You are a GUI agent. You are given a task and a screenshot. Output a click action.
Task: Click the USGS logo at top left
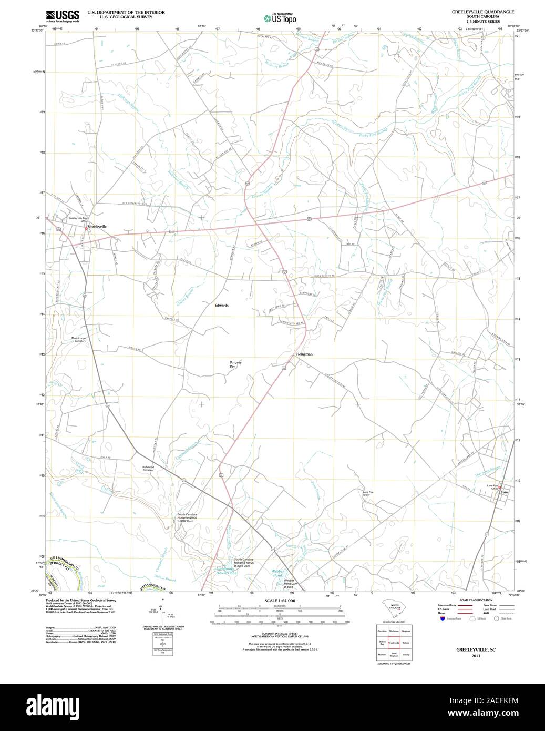coord(62,16)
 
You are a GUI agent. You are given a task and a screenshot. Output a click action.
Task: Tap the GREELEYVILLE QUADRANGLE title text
coord(476,11)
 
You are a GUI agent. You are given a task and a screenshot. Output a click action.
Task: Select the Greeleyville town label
coord(97,226)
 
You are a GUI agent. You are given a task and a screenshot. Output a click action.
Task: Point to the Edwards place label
coord(221,305)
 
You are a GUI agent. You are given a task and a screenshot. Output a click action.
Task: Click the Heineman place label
coord(304,354)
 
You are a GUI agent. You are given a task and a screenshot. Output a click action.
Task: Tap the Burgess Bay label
coord(235,364)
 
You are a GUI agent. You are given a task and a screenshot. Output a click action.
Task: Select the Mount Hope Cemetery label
coord(79,340)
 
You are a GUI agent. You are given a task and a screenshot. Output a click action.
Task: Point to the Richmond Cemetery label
coord(148,468)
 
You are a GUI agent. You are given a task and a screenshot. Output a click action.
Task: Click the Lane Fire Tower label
coord(366,493)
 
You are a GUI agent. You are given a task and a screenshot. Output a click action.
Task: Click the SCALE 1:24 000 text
coord(280,601)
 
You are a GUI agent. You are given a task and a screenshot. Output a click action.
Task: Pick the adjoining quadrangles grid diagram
coord(394,643)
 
